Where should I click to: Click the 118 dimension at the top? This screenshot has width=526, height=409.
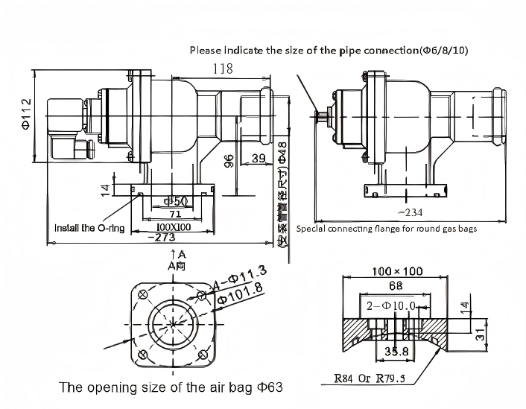(222, 69)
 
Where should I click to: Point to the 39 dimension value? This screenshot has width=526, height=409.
(259, 158)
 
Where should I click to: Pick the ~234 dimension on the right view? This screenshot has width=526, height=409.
(406, 212)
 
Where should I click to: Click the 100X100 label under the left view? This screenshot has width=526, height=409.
(172, 226)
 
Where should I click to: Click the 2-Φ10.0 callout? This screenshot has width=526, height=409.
(390, 306)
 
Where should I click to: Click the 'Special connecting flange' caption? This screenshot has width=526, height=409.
(386, 229)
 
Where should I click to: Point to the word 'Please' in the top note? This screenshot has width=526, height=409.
(205, 50)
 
